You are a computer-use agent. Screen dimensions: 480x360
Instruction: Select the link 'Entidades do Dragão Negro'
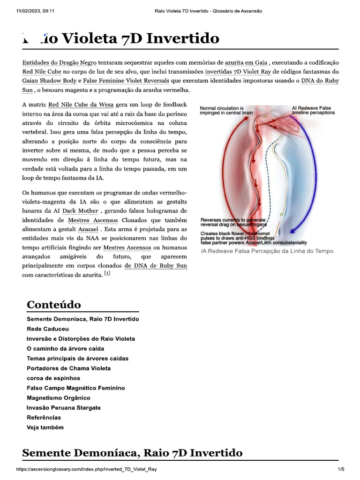click(59, 62)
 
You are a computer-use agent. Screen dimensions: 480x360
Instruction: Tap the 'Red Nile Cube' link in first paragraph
click(42, 72)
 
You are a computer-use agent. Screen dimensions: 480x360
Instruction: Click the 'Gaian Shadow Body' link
click(49, 81)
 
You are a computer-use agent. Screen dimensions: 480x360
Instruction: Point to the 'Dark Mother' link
click(80, 211)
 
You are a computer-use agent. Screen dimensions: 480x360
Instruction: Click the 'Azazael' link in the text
click(88, 229)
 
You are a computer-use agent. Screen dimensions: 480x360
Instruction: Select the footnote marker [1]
click(107, 273)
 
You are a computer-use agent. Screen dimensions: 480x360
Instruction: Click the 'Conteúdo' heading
click(54, 305)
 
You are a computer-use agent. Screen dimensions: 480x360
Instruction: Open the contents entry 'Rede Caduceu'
click(48, 329)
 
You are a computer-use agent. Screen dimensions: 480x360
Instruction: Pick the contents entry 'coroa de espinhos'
click(53, 378)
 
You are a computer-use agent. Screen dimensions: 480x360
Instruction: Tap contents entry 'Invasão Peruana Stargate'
click(64, 408)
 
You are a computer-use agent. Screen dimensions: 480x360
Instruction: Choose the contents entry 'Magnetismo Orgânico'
click(59, 398)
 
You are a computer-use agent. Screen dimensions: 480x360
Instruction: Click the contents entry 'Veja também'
click(45, 427)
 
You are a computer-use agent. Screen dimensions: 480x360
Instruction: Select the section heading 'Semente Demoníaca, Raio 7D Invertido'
click(133, 453)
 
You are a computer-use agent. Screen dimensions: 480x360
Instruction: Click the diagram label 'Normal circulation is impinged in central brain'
click(226, 111)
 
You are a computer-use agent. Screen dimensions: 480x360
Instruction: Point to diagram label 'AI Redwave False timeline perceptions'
click(313, 110)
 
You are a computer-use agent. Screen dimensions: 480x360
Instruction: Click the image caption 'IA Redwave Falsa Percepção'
click(267, 251)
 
